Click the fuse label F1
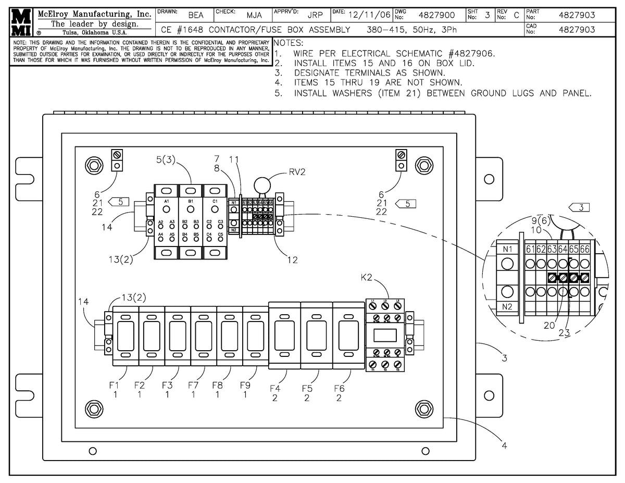(114, 386)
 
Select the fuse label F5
(308, 388)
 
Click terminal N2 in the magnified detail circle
(507, 306)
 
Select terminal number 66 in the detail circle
(585, 250)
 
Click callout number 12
(292, 260)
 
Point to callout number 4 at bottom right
(504, 445)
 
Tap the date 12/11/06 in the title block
(369, 15)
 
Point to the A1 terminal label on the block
(167, 201)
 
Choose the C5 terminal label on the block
(220, 234)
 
